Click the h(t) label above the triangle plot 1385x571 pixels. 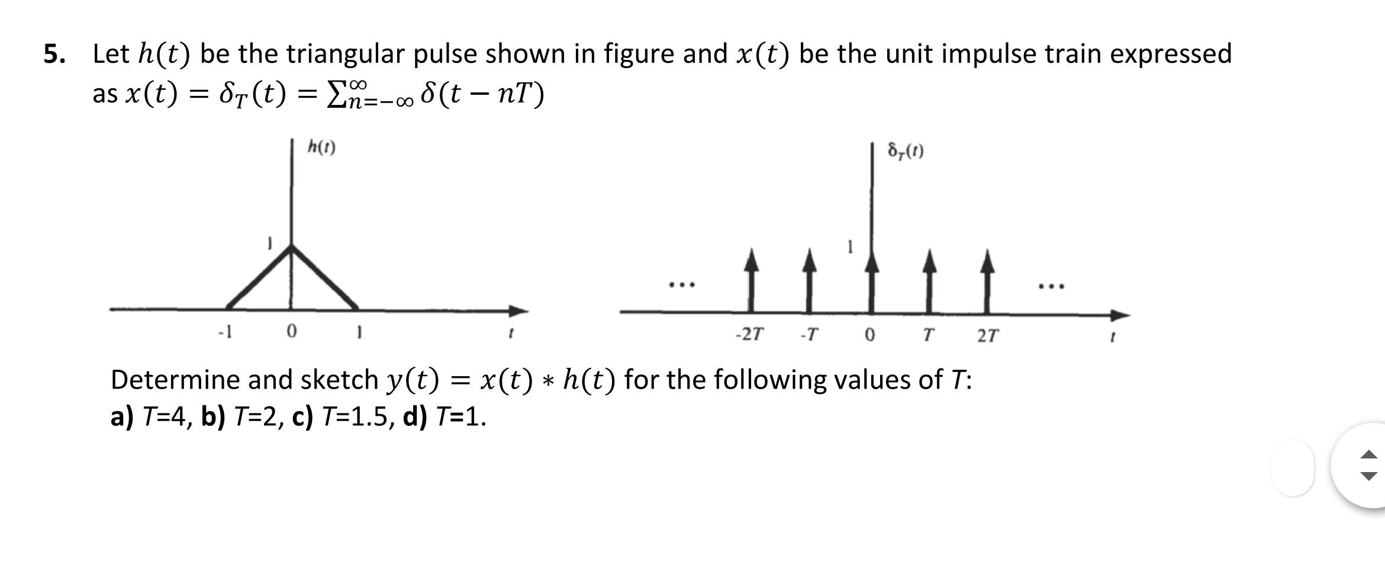tap(321, 147)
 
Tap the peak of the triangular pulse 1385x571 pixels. tap(291, 247)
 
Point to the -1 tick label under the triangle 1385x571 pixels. tap(225, 332)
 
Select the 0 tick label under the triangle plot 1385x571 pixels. tap(291, 332)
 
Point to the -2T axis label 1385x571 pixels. tap(749, 335)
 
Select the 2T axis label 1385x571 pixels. tap(987, 336)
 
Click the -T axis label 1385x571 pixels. tap(809, 335)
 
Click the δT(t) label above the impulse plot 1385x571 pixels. tap(906, 152)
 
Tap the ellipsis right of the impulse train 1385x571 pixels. tap(1051, 287)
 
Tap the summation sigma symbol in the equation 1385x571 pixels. tap(337, 95)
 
